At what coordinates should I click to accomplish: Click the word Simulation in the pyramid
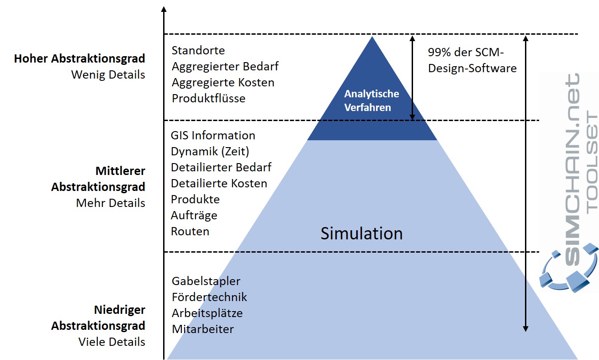tap(361, 233)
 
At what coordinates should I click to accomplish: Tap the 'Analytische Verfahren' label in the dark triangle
tap(371, 101)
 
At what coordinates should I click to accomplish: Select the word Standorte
tap(198, 50)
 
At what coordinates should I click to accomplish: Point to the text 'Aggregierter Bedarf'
tap(225, 66)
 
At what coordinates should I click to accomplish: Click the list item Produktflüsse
tap(208, 98)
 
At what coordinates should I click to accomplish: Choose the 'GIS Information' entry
tap(213, 136)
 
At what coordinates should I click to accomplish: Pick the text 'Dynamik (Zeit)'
tap(210, 151)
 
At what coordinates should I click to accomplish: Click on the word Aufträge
tap(194, 215)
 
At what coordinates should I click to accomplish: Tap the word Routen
tap(190, 231)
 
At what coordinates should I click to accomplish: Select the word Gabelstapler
tap(206, 281)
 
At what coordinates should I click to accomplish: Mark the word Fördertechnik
tap(209, 297)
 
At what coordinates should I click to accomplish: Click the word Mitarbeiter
tap(203, 329)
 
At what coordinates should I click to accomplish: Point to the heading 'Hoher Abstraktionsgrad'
tap(80, 58)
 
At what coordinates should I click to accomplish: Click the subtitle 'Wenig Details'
tap(108, 74)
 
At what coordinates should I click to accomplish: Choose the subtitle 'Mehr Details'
tap(111, 203)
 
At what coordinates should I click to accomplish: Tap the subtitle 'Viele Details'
tap(111, 342)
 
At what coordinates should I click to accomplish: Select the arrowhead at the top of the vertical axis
tap(164, 9)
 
